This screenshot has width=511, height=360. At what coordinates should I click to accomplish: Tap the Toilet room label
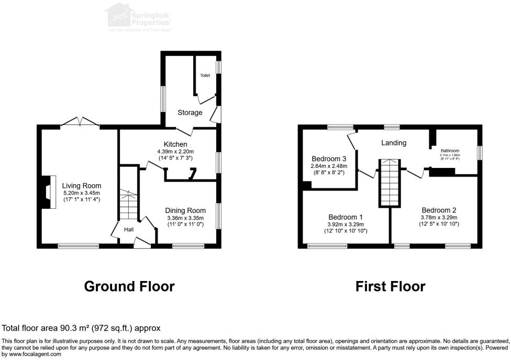tap(205, 76)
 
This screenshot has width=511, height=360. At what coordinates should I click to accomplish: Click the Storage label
tap(190, 113)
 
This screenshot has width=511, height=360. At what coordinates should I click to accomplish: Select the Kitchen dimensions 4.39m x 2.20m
tap(175, 152)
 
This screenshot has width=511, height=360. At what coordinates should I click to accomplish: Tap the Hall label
tap(129, 229)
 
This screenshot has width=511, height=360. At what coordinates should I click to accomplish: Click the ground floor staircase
tap(128, 205)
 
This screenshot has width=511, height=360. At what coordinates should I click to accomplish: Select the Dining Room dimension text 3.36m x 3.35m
tap(185, 218)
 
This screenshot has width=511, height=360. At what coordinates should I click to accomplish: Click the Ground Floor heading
tap(129, 286)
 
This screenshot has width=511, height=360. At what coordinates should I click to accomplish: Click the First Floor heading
tap(390, 286)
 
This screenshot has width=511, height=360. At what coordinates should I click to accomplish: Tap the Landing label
tap(394, 143)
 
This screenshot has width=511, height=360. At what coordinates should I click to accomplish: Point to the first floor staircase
tap(390, 183)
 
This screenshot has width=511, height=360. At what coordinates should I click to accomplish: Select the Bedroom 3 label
tap(329, 159)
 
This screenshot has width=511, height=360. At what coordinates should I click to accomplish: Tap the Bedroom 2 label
tap(439, 210)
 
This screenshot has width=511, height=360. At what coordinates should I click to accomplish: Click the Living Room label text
tap(81, 186)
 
